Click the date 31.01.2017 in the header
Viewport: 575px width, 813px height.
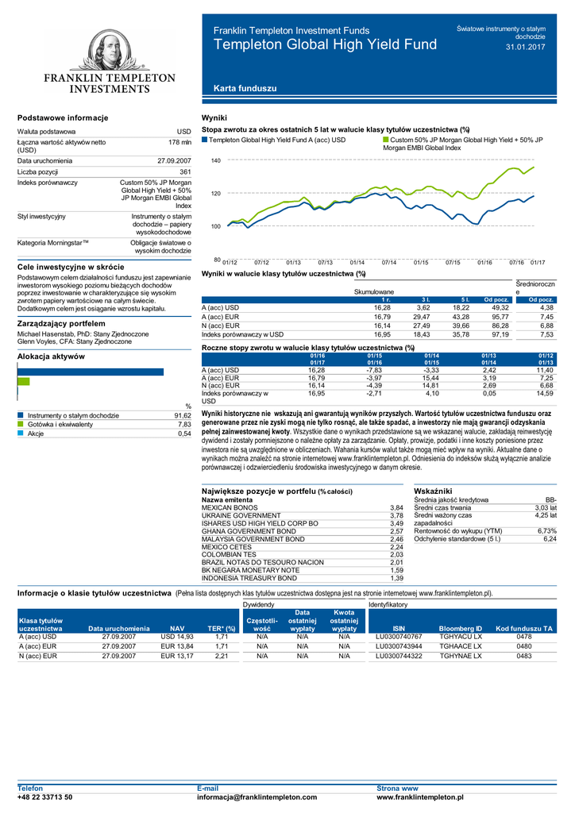pyautogui.click(x=525, y=48)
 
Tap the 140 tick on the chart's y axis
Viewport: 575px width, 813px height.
pyautogui.click(x=215, y=161)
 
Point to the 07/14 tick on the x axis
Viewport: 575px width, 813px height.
pyautogui.click(x=388, y=262)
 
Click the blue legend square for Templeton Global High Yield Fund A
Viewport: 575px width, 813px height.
pyautogui.click(x=205, y=140)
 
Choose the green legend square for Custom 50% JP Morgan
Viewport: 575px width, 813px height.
pyautogui.click(x=386, y=140)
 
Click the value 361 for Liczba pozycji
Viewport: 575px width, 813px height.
pyautogui.click(x=185, y=171)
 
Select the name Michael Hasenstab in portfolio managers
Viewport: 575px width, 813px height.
pyautogui.click(x=48, y=334)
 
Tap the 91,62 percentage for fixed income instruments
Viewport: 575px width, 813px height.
pyautogui.click(x=183, y=415)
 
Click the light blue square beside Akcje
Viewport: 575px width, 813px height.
pyautogui.click(x=21, y=433)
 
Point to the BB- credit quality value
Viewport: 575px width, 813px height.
pyautogui.click(x=550, y=499)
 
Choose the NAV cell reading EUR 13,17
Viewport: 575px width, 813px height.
pyautogui.click(x=177, y=656)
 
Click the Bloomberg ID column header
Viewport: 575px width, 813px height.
pyautogui.click(x=461, y=628)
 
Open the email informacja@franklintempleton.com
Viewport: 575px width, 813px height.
pyautogui.click(x=257, y=796)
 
